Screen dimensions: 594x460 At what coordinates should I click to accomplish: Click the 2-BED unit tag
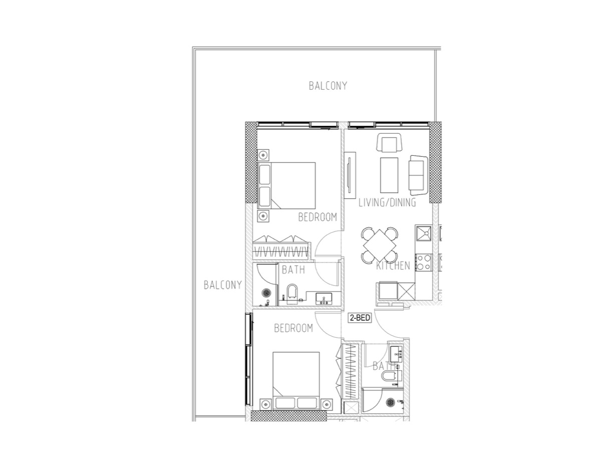click(360, 318)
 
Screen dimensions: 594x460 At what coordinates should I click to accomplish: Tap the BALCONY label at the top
click(328, 86)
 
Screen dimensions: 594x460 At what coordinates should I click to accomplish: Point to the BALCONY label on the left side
click(223, 285)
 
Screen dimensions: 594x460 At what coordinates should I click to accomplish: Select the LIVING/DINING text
click(387, 202)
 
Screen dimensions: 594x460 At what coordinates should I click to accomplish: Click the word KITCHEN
click(393, 266)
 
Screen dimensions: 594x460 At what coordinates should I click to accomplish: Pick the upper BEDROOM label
click(318, 217)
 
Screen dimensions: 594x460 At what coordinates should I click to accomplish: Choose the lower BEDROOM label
click(293, 328)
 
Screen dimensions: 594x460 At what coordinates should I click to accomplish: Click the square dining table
click(380, 246)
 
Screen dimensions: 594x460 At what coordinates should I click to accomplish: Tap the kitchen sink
click(423, 233)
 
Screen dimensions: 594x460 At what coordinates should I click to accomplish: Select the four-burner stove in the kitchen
click(423, 262)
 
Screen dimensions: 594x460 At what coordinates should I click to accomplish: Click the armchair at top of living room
click(389, 144)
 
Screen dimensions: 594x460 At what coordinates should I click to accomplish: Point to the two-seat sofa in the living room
click(418, 173)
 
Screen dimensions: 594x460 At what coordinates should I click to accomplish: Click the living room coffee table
click(389, 175)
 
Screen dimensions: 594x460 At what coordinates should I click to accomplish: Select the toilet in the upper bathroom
click(291, 295)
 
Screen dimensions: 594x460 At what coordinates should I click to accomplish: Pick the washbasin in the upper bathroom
click(324, 298)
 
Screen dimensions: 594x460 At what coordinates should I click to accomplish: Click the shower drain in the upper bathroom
click(266, 293)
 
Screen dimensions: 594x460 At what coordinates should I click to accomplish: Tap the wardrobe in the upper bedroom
click(281, 247)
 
